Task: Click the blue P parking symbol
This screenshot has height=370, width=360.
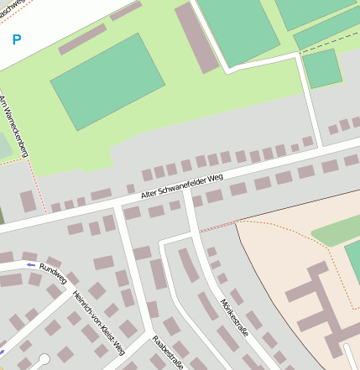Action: (17, 39)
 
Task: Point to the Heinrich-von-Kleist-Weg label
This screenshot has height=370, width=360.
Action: (98, 323)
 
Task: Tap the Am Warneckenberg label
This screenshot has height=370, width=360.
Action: (13, 128)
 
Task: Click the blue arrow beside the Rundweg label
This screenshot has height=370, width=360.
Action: (31, 265)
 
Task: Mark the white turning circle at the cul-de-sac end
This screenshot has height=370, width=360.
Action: (44, 359)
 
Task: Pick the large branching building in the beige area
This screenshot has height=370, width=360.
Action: (315, 298)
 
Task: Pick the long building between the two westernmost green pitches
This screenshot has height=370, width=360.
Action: (197, 38)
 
